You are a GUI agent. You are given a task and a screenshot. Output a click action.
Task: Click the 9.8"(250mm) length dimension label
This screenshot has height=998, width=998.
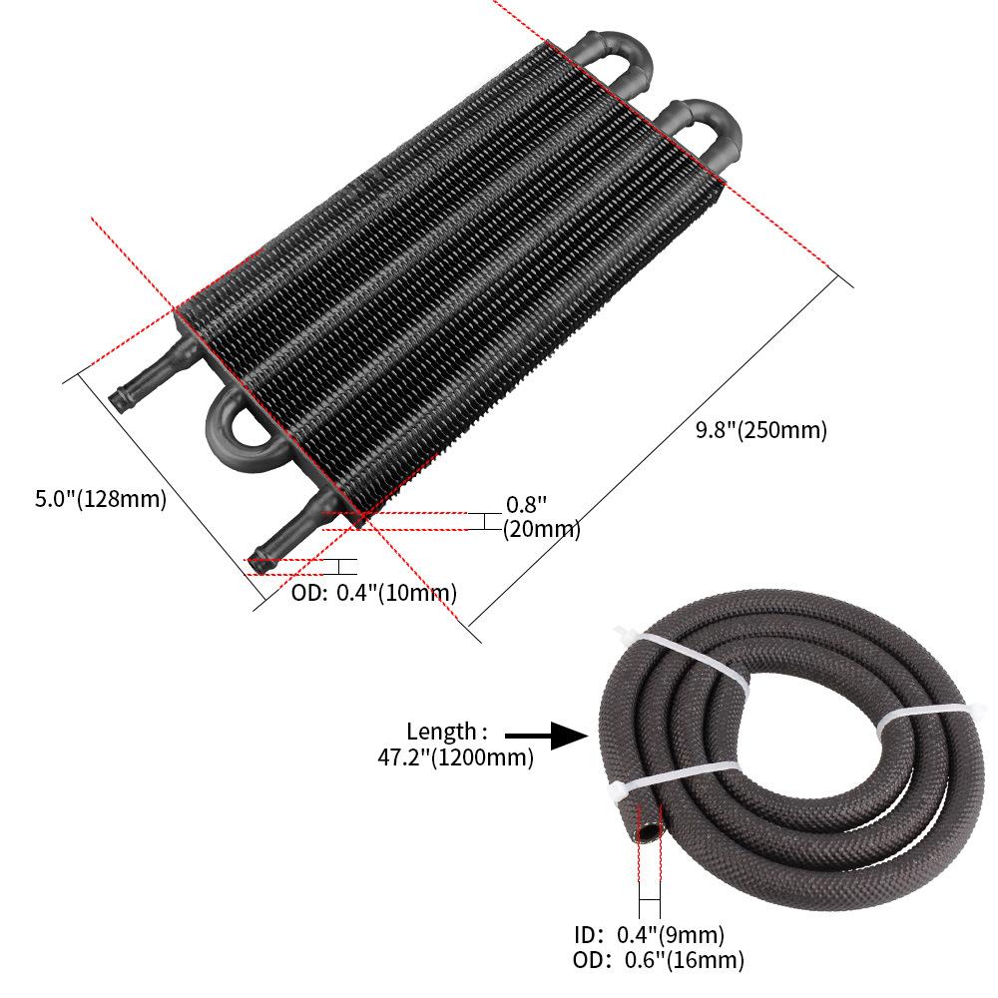pyautogui.click(x=761, y=431)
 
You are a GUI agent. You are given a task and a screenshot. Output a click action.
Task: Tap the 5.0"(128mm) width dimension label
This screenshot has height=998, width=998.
pyautogui.click(x=101, y=499)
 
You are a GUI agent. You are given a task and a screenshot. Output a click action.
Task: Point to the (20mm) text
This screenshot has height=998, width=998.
pyautogui.click(x=541, y=529)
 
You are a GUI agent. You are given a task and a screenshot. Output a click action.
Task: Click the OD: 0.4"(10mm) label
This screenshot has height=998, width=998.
pyautogui.click(x=374, y=593)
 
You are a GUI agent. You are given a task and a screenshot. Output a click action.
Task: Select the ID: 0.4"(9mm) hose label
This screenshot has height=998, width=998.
pyautogui.click(x=649, y=935)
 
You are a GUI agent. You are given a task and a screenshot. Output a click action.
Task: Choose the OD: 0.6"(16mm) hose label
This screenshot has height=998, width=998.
pyautogui.click(x=659, y=961)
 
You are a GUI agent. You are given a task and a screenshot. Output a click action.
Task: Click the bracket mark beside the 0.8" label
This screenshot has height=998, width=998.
pyautogui.click(x=483, y=521)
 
